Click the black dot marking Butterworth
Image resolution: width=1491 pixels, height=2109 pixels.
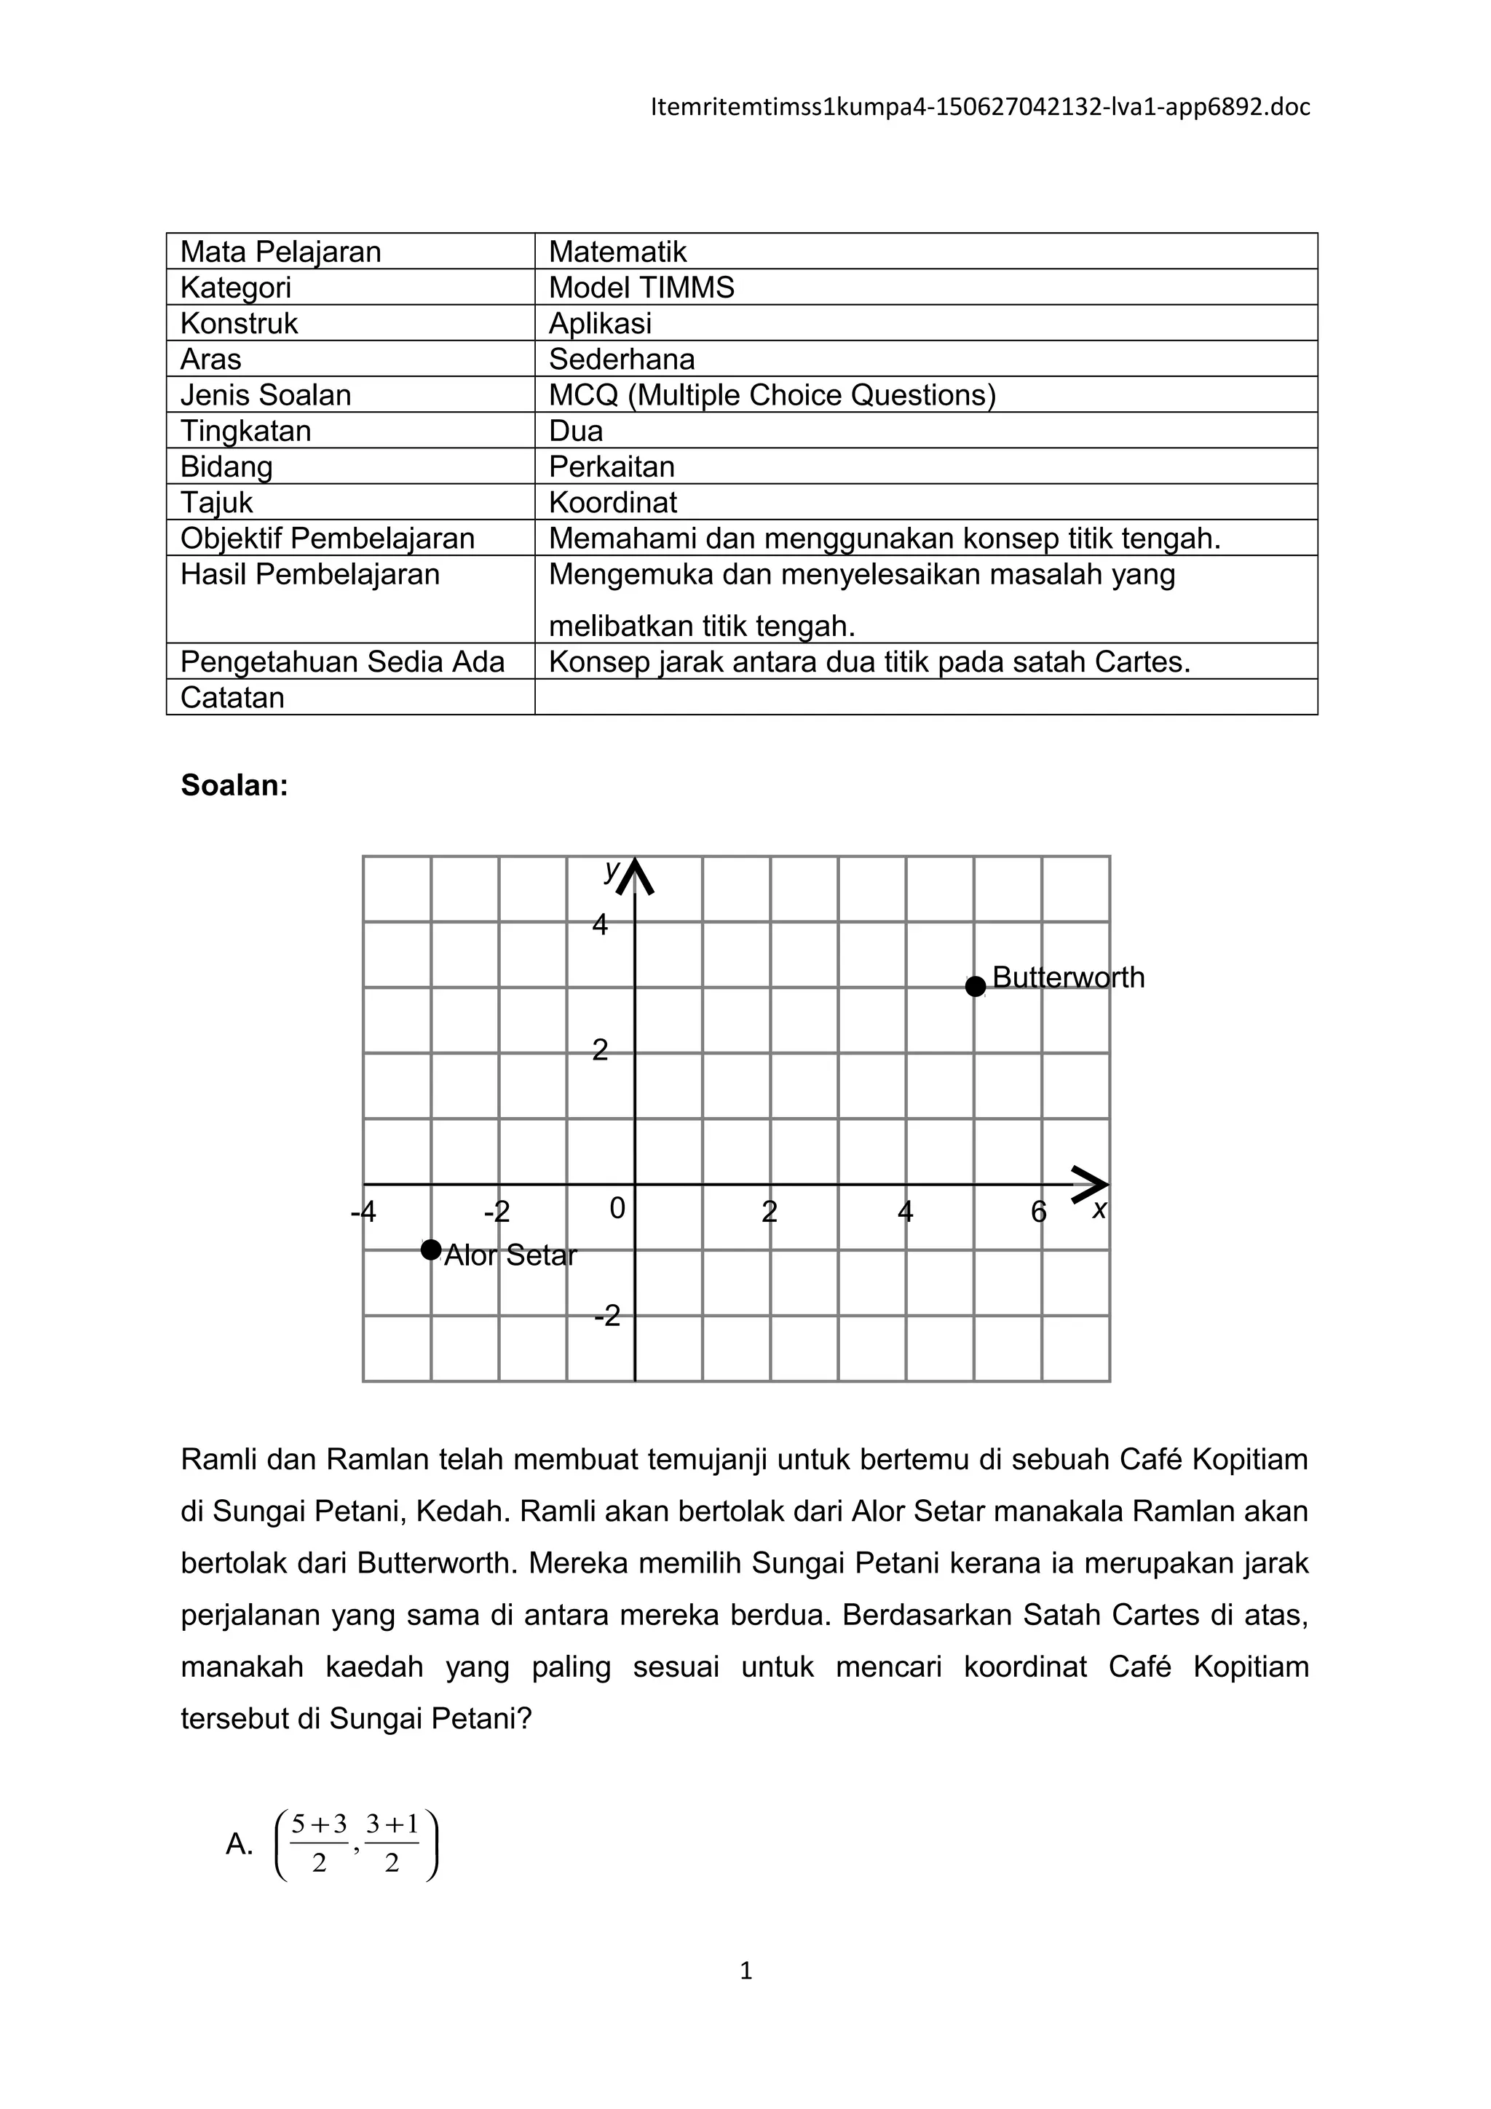(975, 987)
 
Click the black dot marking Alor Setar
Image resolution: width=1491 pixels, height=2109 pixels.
(431, 1250)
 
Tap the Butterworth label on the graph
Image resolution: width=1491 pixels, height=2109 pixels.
(1069, 977)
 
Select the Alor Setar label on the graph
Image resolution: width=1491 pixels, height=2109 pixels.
(510, 1255)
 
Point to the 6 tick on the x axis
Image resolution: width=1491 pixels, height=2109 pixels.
(1038, 1212)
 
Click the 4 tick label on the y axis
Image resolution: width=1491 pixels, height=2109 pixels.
(600, 925)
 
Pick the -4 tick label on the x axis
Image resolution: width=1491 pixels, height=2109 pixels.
(364, 1212)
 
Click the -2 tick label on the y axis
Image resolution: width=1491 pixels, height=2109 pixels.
(607, 1317)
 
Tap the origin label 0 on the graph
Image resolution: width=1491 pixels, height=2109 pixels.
(617, 1209)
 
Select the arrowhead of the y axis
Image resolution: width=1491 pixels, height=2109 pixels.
(635, 876)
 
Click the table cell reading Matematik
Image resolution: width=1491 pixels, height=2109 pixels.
(617, 252)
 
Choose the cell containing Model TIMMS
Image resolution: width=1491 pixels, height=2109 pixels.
(641, 287)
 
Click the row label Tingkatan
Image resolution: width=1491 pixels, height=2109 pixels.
(245, 431)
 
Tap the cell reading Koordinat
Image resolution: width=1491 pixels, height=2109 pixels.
(613, 502)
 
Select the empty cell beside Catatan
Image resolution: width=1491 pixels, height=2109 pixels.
(925, 697)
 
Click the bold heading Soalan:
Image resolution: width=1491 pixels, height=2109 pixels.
(234, 785)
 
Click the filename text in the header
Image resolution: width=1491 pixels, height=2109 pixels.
(979, 108)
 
